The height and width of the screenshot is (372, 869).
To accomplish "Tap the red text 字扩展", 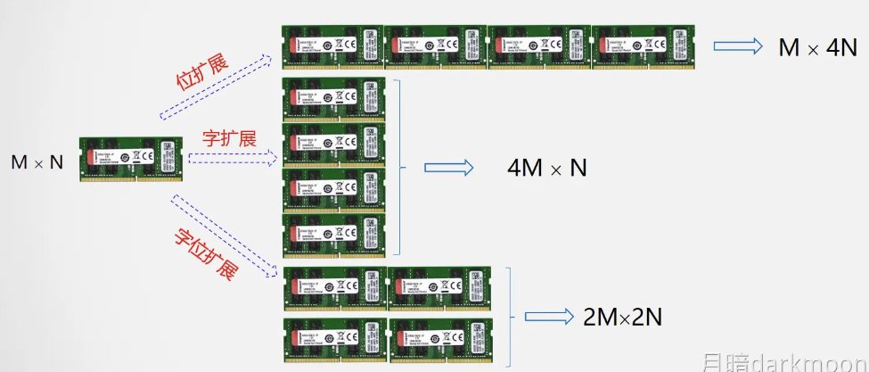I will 229,138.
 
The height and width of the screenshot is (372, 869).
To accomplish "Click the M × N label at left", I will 37,162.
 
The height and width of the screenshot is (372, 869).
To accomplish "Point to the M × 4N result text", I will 817,48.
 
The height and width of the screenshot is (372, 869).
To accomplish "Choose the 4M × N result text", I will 546,167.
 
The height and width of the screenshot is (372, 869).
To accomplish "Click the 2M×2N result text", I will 623,317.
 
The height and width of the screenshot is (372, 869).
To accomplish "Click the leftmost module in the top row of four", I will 332,47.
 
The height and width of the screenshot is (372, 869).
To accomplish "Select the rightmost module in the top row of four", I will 642,47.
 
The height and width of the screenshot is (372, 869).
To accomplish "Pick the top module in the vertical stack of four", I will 332,100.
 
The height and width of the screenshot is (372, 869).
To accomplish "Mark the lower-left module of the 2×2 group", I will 332,339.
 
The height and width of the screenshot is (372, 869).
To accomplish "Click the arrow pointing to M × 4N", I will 736,48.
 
